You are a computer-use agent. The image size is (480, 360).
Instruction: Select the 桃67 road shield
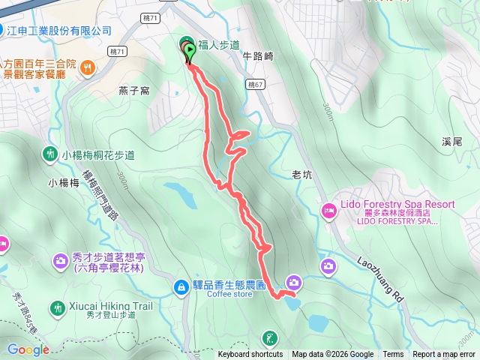[x=255, y=85]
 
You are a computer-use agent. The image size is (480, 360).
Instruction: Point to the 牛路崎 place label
[x=258, y=56]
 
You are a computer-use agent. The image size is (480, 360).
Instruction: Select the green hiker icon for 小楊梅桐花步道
[x=50, y=154]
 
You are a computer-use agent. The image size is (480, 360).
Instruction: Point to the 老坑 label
[x=301, y=175]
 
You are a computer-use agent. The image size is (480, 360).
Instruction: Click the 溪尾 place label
[x=451, y=141]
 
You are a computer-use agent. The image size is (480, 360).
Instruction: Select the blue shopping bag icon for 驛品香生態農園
[x=181, y=286]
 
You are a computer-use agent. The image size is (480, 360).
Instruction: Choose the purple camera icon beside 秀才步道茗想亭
[x=59, y=260]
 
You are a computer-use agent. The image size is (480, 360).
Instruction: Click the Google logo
[x=28, y=349]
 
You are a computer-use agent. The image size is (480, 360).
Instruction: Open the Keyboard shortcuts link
[x=250, y=355]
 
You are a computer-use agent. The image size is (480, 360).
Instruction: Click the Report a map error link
[x=444, y=355]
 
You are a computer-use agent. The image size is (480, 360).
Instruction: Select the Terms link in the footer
[x=393, y=355]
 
